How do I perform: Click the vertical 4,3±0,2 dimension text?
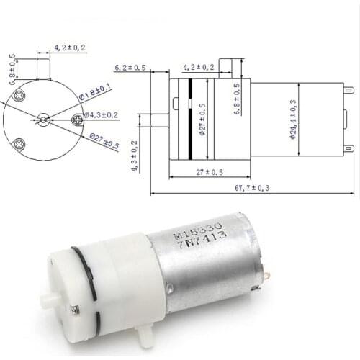(134, 153)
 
